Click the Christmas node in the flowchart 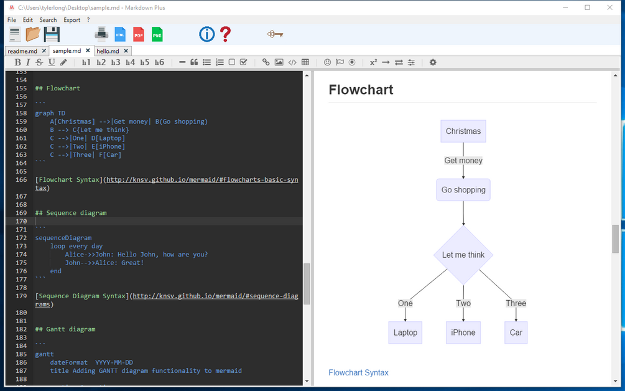[x=463, y=131]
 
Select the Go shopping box [x=463, y=190]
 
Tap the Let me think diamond [x=463, y=255]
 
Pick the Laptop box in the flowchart [x=405, y=332]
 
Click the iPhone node [x=463, y=332]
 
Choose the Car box [x=516, y=332]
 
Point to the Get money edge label [x=463, y=161]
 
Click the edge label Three [x=516, y=303]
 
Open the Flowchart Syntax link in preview [x=358, y=372]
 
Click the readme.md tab [x=22, y=51]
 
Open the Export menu [x=72, y=20]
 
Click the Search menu [x=48, y=20]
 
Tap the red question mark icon [x=225, y=34]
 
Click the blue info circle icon [x=206, y=34]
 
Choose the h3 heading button [x=116, y=62]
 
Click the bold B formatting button [x=18, y=62]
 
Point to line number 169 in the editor [x=21, y=213]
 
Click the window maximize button [x=587, y=7]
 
